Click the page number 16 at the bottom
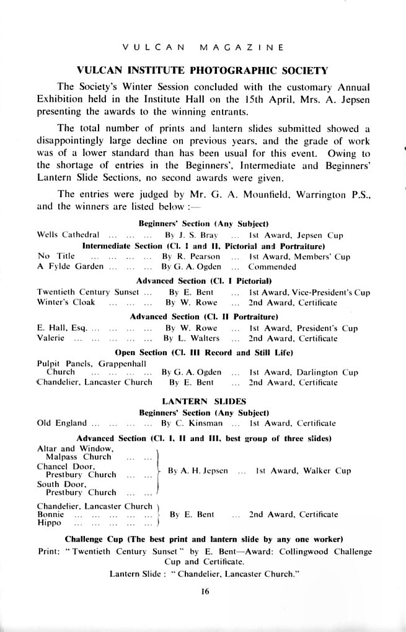205,592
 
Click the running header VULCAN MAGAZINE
203,47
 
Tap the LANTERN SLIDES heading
203,401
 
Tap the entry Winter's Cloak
68,303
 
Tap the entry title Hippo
49,523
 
